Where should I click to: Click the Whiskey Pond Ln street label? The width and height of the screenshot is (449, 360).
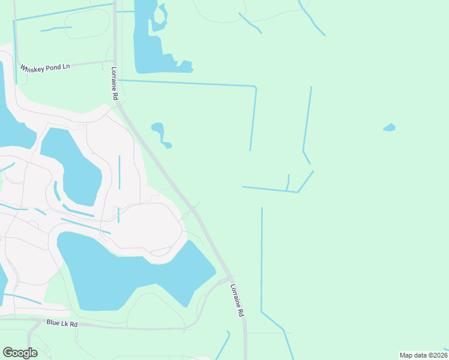45,67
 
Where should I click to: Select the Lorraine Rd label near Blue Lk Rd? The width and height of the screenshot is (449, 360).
237,300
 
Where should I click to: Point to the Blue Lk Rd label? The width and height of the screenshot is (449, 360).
62,323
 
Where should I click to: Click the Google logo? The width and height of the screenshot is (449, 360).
20,353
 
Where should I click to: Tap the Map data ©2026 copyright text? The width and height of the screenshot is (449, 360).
423,355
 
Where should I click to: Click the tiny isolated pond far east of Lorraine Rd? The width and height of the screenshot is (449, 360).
390,127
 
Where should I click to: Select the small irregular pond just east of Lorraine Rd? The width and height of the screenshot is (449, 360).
158,129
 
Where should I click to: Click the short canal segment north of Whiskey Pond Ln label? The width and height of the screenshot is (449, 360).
56,28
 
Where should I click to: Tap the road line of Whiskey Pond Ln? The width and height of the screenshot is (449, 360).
90,62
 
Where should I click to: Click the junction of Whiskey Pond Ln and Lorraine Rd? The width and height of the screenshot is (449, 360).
114,61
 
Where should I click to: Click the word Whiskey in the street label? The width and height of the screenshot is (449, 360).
32,68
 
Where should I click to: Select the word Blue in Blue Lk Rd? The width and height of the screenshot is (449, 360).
53,323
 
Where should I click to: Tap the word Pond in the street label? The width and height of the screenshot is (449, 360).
52,66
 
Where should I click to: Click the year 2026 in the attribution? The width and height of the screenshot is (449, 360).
438,355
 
